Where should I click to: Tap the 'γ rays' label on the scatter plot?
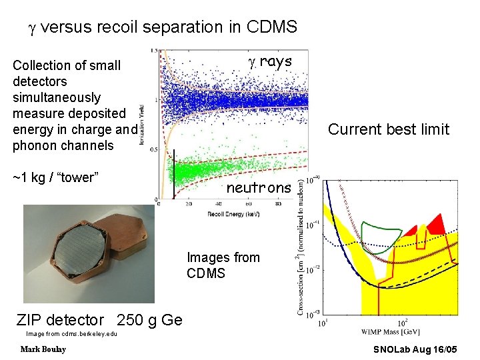tap(270, 62)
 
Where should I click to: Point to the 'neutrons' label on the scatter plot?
tap(259, 188)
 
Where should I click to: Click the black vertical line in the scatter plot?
tap(173, 175)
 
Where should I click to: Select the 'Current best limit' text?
tap(389, 129)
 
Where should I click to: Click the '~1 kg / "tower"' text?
tap(56, 177)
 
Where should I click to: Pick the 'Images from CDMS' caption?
tap(223, 265)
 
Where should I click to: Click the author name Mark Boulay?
tap(43, 349)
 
